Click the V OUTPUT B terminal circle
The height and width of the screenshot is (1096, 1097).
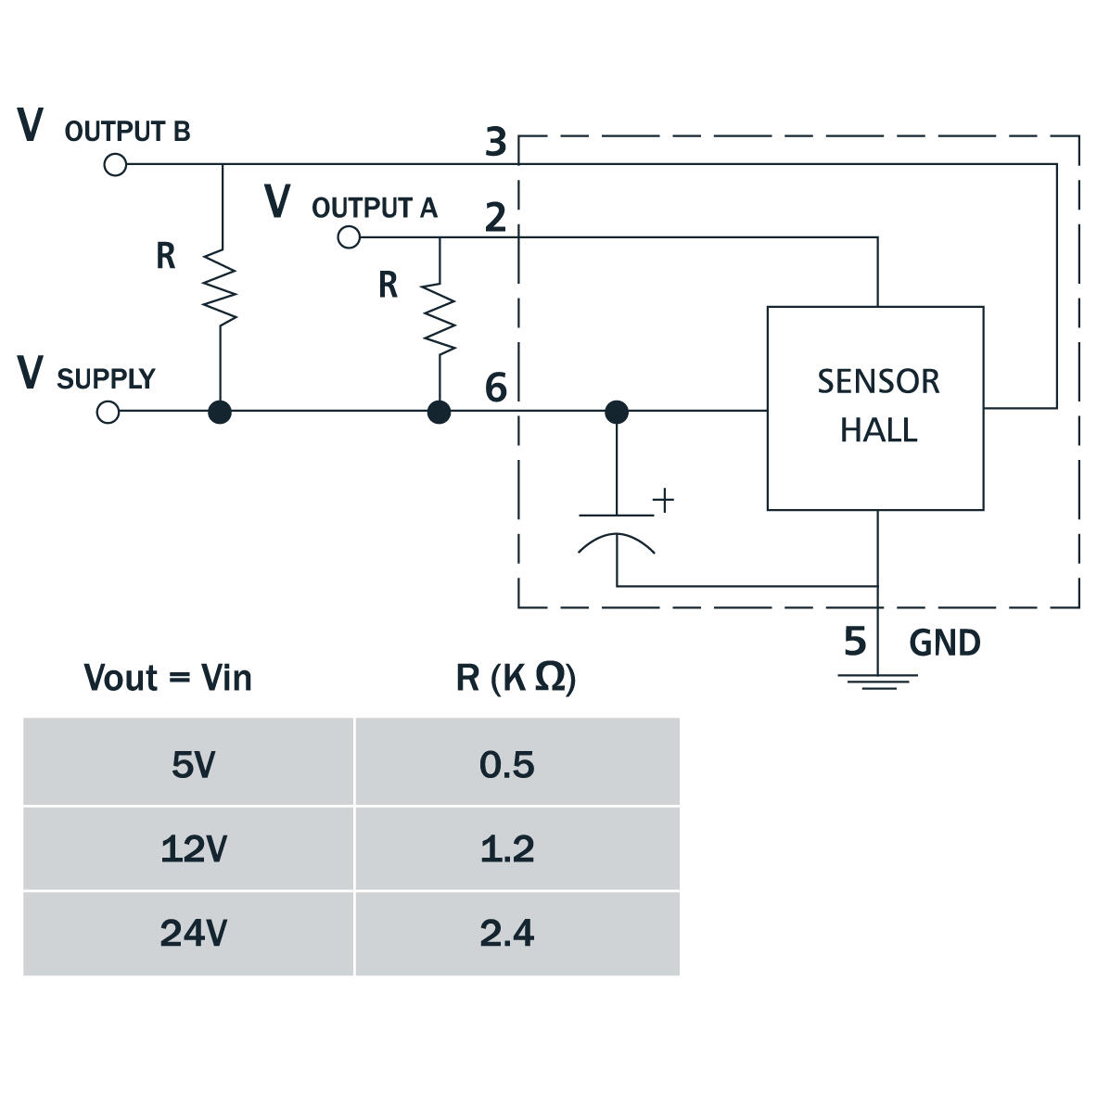(x=115, y=165)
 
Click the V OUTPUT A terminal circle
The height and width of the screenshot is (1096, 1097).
(x=349, y=238)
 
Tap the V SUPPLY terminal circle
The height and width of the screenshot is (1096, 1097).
(x=108, y=412)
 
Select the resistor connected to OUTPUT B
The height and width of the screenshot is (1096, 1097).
(x=221, y=287)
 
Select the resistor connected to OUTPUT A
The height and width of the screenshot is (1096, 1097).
(x=440, y=319)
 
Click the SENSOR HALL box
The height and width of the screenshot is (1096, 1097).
(x=874, y=408)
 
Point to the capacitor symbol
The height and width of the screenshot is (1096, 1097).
(x=617, y=532)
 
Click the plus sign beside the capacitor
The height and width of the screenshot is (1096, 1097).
(x=664, y=501)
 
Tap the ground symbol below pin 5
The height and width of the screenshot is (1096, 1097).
(x=877, y=682)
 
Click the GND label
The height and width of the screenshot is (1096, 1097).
(x=944, y=643)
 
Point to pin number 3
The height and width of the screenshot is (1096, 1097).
(x=496, y=142)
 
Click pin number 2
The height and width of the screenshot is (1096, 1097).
(x=496, y=217)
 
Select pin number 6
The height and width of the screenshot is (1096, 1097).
(x=496, y=387)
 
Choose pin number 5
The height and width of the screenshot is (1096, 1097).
(x=854, y=641)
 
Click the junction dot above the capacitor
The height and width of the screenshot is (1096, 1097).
(x=617, y=412)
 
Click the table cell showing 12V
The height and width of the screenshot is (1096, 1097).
(x=193, y=848)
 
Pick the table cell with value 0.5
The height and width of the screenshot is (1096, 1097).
(x=507, y=764)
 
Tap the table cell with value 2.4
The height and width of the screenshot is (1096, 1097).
(x=507, y=933)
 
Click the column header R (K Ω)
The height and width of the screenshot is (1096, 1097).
(x=516, y=678)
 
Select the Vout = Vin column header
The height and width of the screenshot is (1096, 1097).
(x=168, y=678)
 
